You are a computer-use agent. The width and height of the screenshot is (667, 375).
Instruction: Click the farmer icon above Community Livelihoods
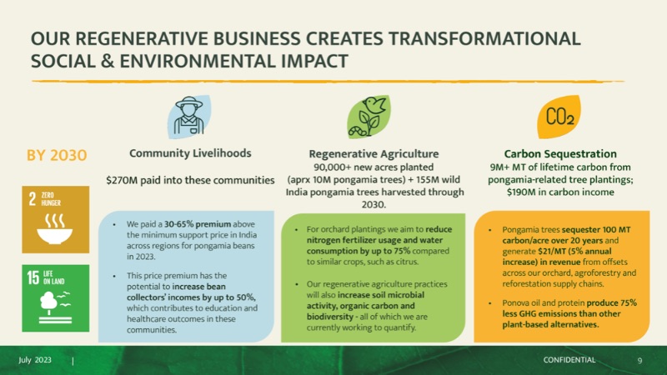[x=189, y=117]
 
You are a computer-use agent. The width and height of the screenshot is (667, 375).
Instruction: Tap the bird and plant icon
[x=369, y=117]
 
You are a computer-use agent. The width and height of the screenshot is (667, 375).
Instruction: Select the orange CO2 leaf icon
[x=559, y=117]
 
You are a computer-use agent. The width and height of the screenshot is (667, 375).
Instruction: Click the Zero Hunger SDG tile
[x=56, y=219]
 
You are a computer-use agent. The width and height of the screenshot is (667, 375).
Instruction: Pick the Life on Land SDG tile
[x=56, y=298]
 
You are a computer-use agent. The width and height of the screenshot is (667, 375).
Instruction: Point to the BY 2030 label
[x=57, y=155]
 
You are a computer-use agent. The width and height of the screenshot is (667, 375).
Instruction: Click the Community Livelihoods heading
[x=190, y=153]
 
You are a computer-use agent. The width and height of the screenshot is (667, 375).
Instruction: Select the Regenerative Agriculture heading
[x=374, y=153]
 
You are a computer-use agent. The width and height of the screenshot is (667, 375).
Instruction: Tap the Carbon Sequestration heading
[x=560, y=153]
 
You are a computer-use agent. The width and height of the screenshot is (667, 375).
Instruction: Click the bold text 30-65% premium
[x=198, y=224]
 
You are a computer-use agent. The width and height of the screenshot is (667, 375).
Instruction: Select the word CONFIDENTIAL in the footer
[x=569, y=360]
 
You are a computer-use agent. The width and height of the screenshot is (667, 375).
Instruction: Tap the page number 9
[x=639, y=361]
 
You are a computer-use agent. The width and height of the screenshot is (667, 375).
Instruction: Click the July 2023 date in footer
[x=35, y=360]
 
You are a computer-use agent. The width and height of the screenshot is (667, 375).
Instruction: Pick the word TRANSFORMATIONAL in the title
[x=484, y=39]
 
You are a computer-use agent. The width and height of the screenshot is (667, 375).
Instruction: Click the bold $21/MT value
[x=552, y=252]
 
